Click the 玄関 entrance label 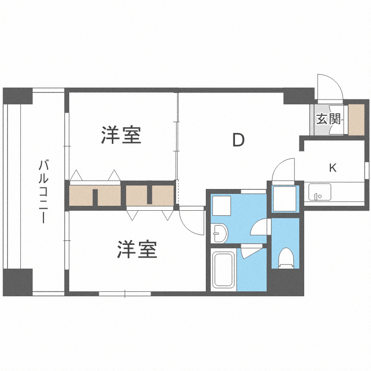(x=328, y=119)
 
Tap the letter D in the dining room (x=238, y=140)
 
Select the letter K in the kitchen (x=333, y=168)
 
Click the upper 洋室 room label (x=121, y=135)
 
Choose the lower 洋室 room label (x=137, y=250)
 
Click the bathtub (x=223, y=271)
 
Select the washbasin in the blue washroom (x=219, y=232)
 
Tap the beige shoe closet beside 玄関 (x=356, y=119)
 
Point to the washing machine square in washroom (x=222, y=205)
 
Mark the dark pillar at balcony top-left (x=18, y=96)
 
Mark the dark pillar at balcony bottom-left (x=18, y=282)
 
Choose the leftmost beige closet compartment (x=81, y=195)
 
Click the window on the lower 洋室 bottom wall (x=125, y=294)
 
